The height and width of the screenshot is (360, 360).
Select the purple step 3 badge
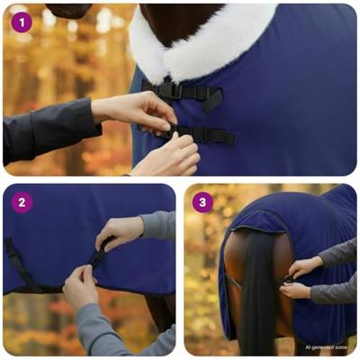tap(202, 202)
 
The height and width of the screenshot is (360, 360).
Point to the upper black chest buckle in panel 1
tap(171, 90)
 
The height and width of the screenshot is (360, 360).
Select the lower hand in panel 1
tap(166, 156)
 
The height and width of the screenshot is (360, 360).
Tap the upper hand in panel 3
tap(306, 266)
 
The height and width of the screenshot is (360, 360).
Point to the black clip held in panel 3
tap(287, 279)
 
